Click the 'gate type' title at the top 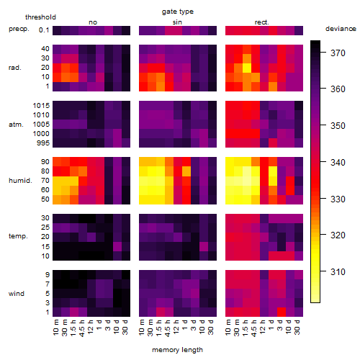pyautogui.click(x=178, y=12)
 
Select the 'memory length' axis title pyautogui.click(x=177, y=350)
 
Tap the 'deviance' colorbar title pyautogui.click(x=341, y=29)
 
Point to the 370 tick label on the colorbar pyautogui.click(x=338, y=53)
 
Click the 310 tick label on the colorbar pyautogui.click(x=338, y=272)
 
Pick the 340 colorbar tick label pyautogui.click(x=338, y=163)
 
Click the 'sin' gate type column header pyautogui.click(x=177, y=22)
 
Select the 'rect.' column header pyautogui.click(x=262, y=22)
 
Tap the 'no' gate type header pyautogui.click(x=93, y=22)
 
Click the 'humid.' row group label pyautogui.click(x=20, y=181)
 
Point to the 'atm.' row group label pyautogui.click(x=16, y=125)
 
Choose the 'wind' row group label pyautogui.click(x=17, y=294)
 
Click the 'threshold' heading pyautogui.click(x=40, y=17)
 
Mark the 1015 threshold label pyautogui.click(x=41, y=106)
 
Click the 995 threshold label pyautogui.click(x=43, y=143)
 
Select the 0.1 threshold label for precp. pyautogui.click(x=44, y=30)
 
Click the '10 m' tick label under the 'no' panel pyautogui.click(x=55, y=328)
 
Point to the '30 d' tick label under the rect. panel pyautogui.click(x=297, y=327)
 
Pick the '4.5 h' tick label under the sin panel pyautogui.click(x=168, y=328)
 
